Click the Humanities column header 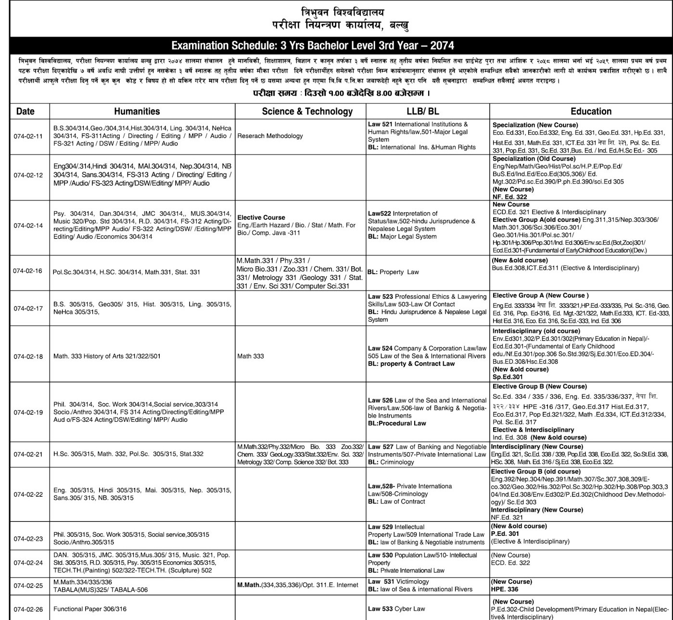(x=137, y=111)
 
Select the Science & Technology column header (x=307, y=111)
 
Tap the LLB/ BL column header (x=422, y=111)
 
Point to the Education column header (x=591, y=111)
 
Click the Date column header (x=25, y=111)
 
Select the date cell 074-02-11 (x=28, y=136)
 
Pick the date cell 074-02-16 (x=28, y=271)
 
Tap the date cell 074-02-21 (x=28, y=454)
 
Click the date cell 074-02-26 (x=28, y=609)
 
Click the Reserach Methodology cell (x=270, y=136)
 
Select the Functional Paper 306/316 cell (x=90, y=609)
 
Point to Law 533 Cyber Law (x=396, y=608)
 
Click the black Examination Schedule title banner (x=313, y=46)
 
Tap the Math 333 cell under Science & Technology (x=250, y=356)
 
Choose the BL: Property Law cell (x=393, y=272)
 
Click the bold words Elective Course (x=261, y=217)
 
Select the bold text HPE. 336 (x=505, y=589)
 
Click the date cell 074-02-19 (x=28, y=412)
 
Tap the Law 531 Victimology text (x=398, y=582)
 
